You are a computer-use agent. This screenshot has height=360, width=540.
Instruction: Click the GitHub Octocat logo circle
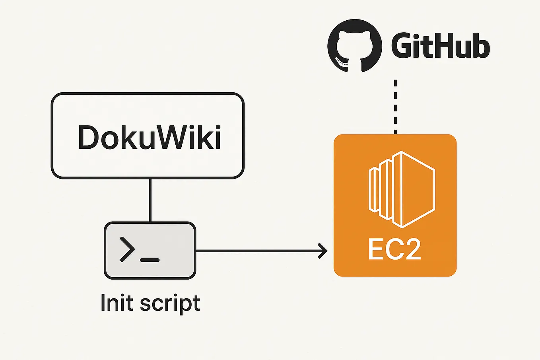tap(355, 45)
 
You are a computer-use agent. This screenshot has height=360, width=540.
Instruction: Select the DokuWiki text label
tap(149, 138)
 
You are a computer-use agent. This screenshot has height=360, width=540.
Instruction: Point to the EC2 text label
tap(394, 249)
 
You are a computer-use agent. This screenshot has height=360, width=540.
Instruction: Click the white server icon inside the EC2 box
tap(402, 189)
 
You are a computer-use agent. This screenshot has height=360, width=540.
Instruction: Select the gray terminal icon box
tap(150, 251)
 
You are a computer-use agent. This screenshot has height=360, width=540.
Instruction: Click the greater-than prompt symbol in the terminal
tap(127, 249)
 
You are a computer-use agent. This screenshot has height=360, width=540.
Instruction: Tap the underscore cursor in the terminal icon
tap(150, 260)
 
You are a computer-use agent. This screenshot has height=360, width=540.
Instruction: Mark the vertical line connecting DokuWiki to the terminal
tap(150, 200)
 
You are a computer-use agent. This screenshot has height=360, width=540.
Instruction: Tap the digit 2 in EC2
tap(412, 249)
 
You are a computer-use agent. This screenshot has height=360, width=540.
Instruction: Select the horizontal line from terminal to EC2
tap(258, 251)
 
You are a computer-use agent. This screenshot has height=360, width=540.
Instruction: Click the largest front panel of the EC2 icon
tap(418, 189)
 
